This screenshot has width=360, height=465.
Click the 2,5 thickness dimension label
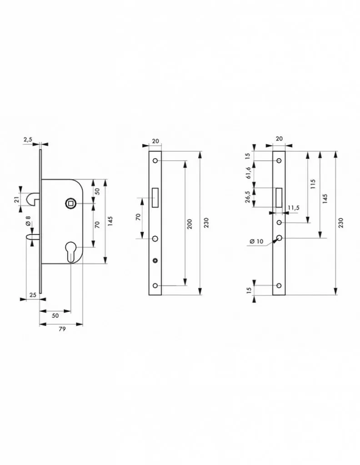tap(28, 140)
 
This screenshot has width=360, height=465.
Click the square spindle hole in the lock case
tap(71, 203)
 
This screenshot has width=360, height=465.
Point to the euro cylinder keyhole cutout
tap(71, 252)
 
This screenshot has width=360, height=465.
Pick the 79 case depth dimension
tap(62, 329)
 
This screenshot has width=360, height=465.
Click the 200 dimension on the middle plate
tap(190, 223)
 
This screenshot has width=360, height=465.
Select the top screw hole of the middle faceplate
tap(155, 161)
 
